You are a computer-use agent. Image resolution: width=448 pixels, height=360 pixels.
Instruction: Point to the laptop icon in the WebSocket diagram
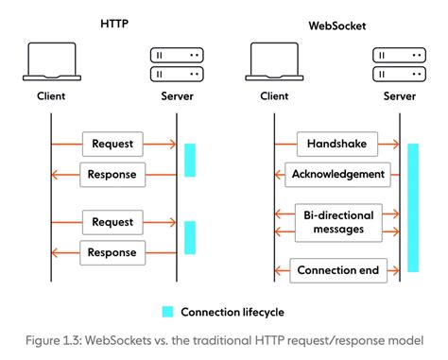pyautogui.click(x=274, y=61)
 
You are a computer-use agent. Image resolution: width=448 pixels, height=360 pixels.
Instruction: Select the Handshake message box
pyautogui.click(x=337, y=144)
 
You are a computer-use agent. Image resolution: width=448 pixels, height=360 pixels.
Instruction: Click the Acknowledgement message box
pyautogui.click(x=337, y=174)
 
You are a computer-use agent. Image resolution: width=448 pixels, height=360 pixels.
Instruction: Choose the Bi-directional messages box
pyautogui.click(x=337, y=222)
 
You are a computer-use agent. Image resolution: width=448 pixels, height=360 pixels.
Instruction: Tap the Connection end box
pyautogui.click(x=337, y=270)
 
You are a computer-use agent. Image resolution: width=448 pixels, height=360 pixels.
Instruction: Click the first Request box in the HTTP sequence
pyautogui.click(x=113, y=144)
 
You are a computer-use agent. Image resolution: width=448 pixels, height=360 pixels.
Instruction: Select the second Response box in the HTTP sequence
pyautogui.click(x=113, y=251)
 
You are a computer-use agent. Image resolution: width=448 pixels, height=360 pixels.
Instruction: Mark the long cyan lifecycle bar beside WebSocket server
pyautogui.click(x=412, y=208)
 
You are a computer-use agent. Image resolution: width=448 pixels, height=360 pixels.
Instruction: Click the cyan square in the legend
pyautogui.click(x=167, y=311)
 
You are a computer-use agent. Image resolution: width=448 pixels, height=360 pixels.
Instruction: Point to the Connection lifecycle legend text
pyautogui.click(x=232, y=311)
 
